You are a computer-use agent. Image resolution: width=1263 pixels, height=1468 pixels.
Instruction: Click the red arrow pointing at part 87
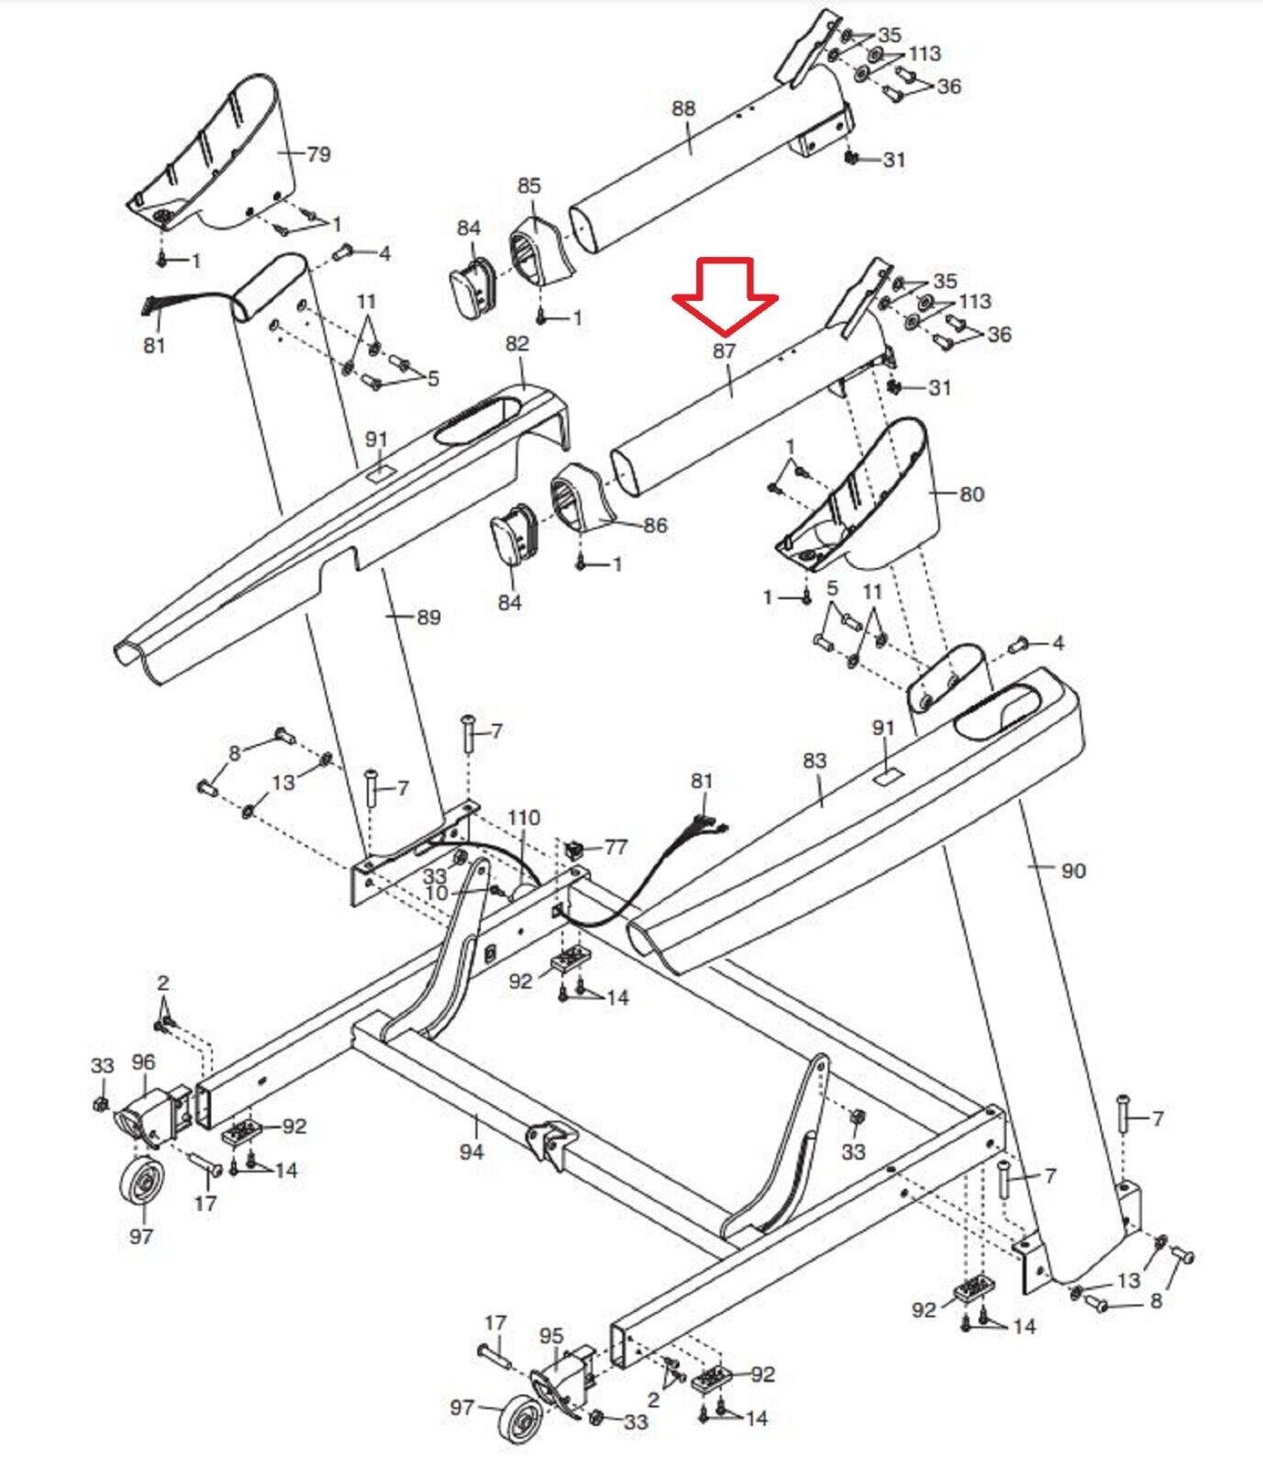click(x=725, y=296)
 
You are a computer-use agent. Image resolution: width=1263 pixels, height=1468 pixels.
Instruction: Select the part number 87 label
click(x=725, y=351)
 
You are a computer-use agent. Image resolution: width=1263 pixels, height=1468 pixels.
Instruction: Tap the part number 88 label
click(x=683, y=108)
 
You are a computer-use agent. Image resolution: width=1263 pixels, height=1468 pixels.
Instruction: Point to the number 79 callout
click(x=318, y=154)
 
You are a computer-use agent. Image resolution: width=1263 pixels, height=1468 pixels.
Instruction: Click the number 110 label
click(x=525, y=817)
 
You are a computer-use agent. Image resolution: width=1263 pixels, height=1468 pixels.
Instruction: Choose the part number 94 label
click(x=471, y=1151)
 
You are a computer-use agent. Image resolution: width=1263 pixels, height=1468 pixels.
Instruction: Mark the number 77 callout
click(x=615, y=846)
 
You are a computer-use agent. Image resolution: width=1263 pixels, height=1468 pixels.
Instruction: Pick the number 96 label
click(x=143, y=1062)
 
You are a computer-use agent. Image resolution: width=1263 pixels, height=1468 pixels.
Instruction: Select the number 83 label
click(x=814, y=761)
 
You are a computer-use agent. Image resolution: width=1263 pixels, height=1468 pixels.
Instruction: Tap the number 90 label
click(x=1073, y=870)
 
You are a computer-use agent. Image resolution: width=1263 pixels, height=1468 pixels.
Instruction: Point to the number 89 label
click(x=428, y=617)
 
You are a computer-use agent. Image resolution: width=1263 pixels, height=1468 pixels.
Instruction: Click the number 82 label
click(x=517, y=343)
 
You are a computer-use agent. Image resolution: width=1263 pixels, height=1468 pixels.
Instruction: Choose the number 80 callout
click(x=971, y=495)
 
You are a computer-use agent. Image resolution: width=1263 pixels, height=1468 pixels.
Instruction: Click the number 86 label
click(x=655, y=526)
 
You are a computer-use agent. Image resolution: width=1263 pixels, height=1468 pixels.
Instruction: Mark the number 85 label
click(x=529, y=186)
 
